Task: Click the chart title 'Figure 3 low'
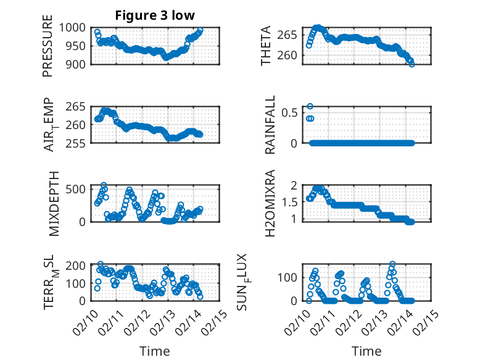pos(155,16)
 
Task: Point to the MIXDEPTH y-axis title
pos(52,203)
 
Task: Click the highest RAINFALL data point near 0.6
pos(310,106)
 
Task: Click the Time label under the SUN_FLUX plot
pos(366,351)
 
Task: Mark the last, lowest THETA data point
pos(412,64)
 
